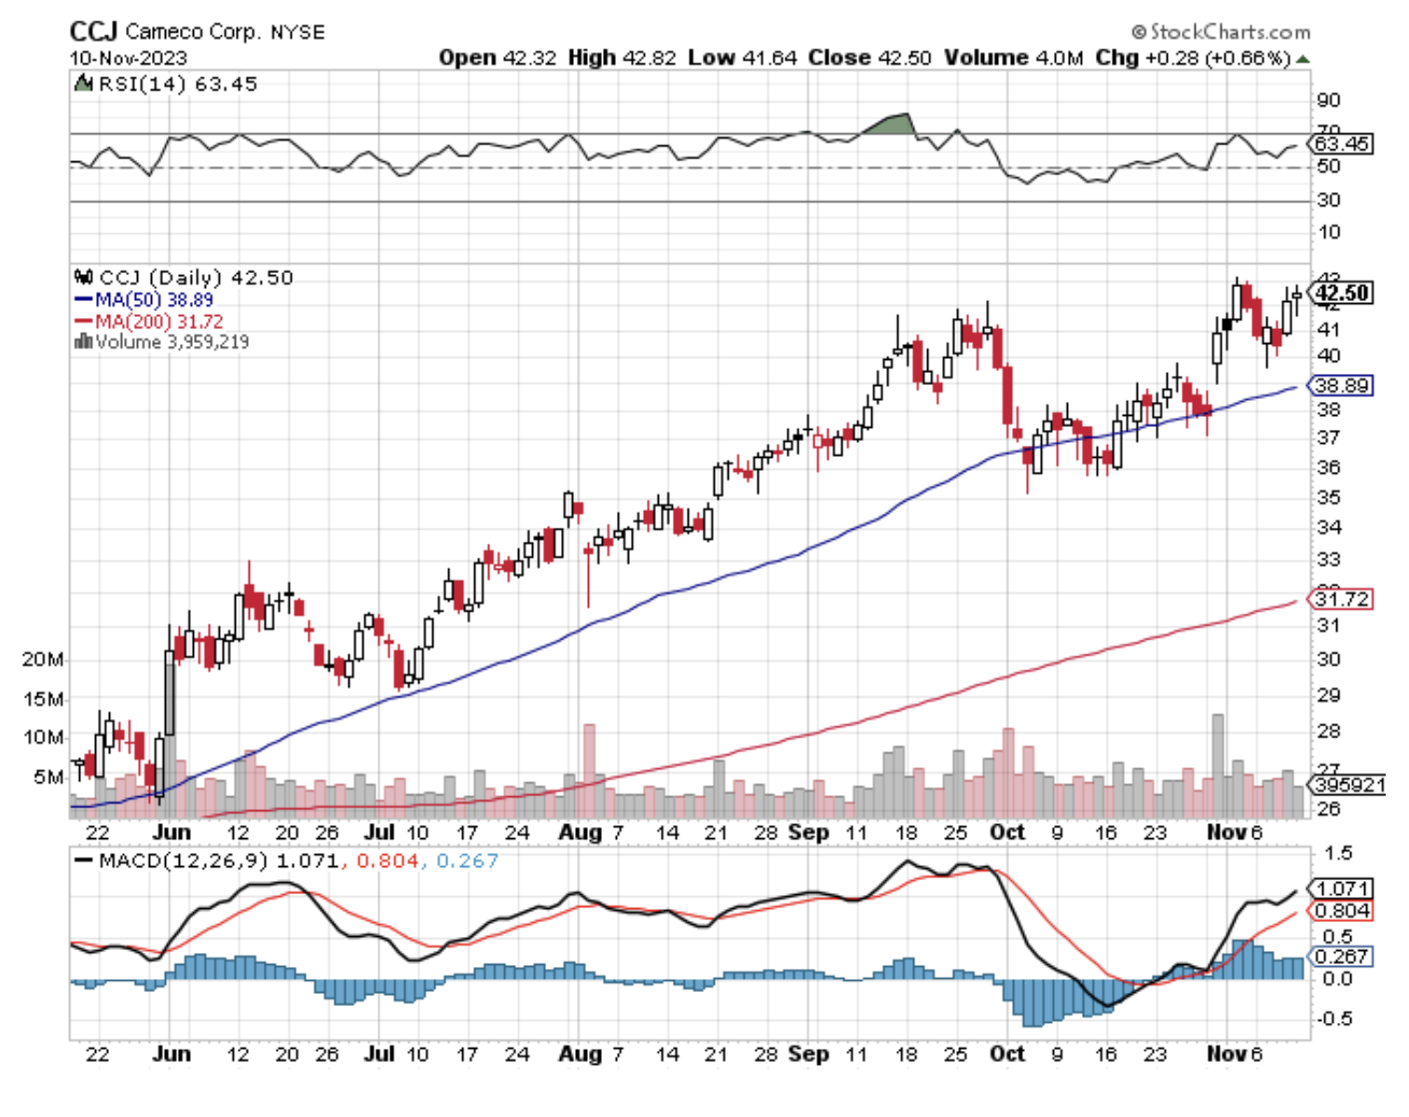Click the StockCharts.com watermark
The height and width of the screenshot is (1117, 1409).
(x=1221, y=32)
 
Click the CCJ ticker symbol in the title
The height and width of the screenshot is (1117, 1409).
(x=93, y=32)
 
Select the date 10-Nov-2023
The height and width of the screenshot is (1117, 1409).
(x=128, y=58)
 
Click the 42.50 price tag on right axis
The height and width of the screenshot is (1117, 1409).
(x=1342, y=293)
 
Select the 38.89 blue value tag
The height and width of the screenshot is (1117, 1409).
(x=1342, y=385)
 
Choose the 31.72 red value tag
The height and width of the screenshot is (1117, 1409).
(x=1342, y=599)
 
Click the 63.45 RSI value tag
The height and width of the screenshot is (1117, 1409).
(x=1342, y=145)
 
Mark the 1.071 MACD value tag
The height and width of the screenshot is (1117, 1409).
(x=1343, y=889)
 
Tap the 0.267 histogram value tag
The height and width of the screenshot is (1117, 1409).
(x=1343, y=957)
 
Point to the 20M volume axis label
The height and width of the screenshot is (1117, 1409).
(x=43, y=660)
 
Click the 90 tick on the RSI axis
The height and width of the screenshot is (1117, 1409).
(x=1329, y=101)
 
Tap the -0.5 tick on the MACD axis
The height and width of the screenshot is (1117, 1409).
(x=1334, y=1018)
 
